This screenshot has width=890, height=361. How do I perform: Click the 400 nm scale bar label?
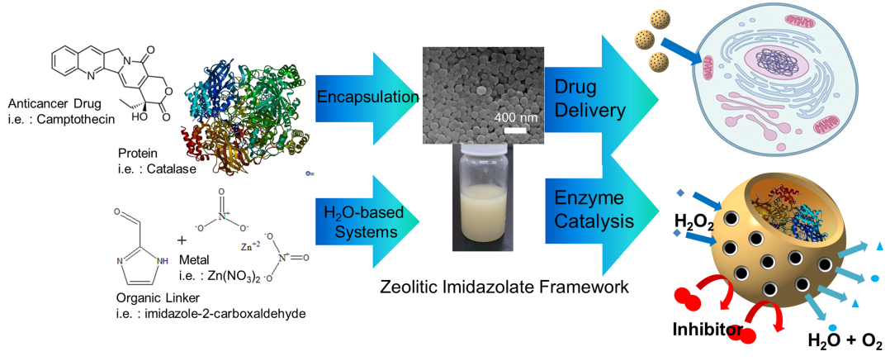pos(516,117)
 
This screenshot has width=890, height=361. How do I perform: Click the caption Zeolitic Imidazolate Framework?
pos(504,287)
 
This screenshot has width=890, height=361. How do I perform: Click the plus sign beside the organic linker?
pos(182,240)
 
